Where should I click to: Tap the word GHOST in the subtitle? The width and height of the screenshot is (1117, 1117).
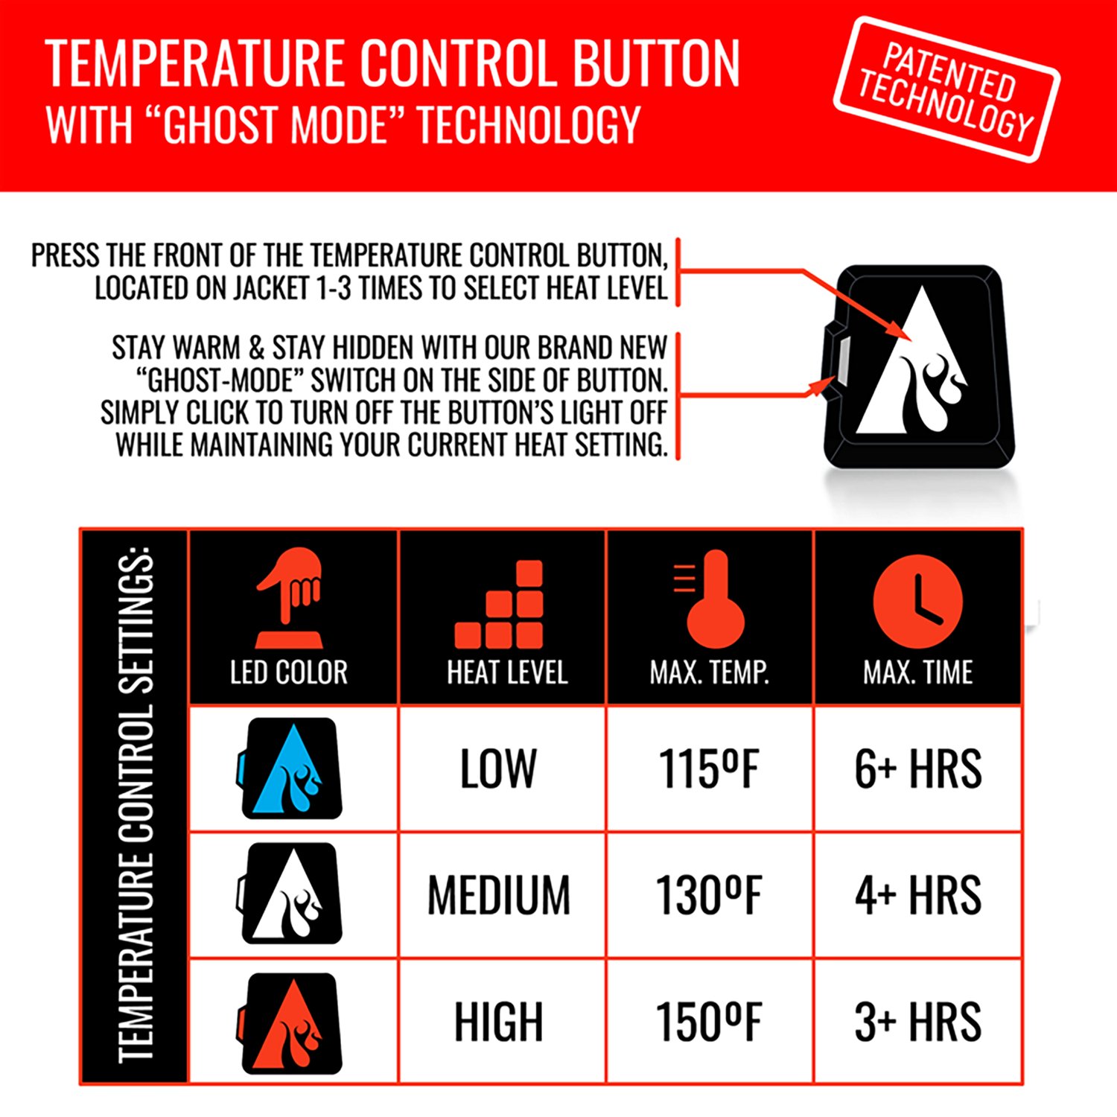(x=223, y=124)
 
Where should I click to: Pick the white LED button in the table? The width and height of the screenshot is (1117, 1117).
(x=291, y=894)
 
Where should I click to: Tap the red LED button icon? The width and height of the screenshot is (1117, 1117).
(x=291, y=1022)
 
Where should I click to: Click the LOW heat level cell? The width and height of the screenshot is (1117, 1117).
(x=498, y=768)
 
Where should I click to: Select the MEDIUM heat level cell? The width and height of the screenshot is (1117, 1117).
(x=499, y=894)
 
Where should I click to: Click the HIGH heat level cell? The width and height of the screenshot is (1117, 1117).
(x=498, y=1022)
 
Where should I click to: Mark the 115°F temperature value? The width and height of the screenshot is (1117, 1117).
(x=709, y=768)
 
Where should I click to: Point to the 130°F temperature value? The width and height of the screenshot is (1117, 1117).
(x=709, y=894)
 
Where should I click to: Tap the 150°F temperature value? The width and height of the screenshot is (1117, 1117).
(x=709, y=1022)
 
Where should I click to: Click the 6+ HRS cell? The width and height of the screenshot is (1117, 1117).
(x=917, y=768)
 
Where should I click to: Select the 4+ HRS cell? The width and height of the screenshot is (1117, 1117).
(x=917, y=894)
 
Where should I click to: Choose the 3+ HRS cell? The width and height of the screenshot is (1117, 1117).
(x=917, y=1022)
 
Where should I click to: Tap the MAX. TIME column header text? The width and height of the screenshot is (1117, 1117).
(x=917, y=672)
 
